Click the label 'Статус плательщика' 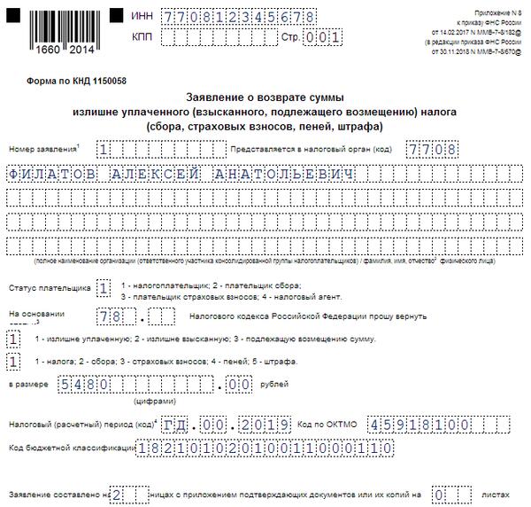48,288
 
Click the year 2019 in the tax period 265,425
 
